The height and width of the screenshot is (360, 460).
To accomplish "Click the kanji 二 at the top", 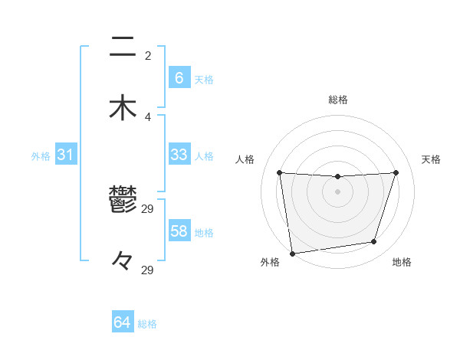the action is click(123, 47).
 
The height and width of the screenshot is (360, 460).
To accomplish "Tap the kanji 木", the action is click(123, 107).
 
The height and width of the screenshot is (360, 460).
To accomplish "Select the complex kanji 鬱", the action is click(123, 201).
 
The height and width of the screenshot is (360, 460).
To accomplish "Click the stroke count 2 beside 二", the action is click(148, 56).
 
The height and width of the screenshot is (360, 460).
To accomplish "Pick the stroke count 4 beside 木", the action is click(148, 116).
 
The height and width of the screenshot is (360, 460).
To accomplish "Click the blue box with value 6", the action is click(179, 78).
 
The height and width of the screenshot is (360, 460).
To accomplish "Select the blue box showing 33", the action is click(179, 155).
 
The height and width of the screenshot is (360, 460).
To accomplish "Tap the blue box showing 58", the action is click(179, 231).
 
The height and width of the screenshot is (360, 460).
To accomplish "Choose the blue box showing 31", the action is click(66, 155).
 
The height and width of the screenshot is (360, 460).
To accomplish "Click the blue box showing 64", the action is click(123, 322).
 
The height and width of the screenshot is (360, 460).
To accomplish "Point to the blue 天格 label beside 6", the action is click(204, 80).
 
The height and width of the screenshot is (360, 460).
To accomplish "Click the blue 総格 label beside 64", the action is click(147, 324).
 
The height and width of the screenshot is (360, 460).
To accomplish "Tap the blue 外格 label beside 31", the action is click(41, 156).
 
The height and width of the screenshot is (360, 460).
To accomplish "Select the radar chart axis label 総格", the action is click(338, 100).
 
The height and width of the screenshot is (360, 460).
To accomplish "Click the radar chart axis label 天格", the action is click(431, 159).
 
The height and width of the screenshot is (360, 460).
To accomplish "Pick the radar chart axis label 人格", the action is click(245, 159).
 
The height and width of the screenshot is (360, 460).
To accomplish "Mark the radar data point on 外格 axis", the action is click(292, 253).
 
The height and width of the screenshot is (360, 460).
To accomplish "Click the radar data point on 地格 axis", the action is click(374, 242).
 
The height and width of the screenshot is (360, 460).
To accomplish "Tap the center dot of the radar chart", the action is click(338, 191).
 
